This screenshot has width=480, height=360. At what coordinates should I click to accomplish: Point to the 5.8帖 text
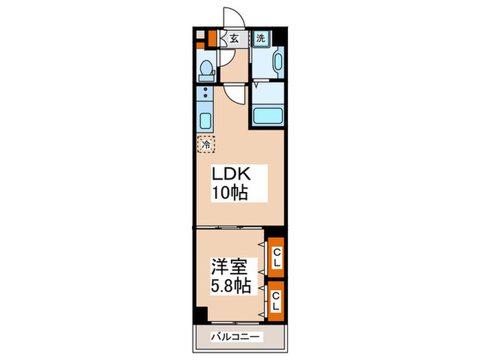230,284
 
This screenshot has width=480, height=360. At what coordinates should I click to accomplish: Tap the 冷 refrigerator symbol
206,144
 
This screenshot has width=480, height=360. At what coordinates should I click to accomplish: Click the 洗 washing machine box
261,39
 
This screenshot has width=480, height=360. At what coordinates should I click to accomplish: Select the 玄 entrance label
234,39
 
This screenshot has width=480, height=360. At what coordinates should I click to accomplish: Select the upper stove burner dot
205,89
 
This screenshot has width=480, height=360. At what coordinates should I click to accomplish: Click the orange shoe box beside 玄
212,39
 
